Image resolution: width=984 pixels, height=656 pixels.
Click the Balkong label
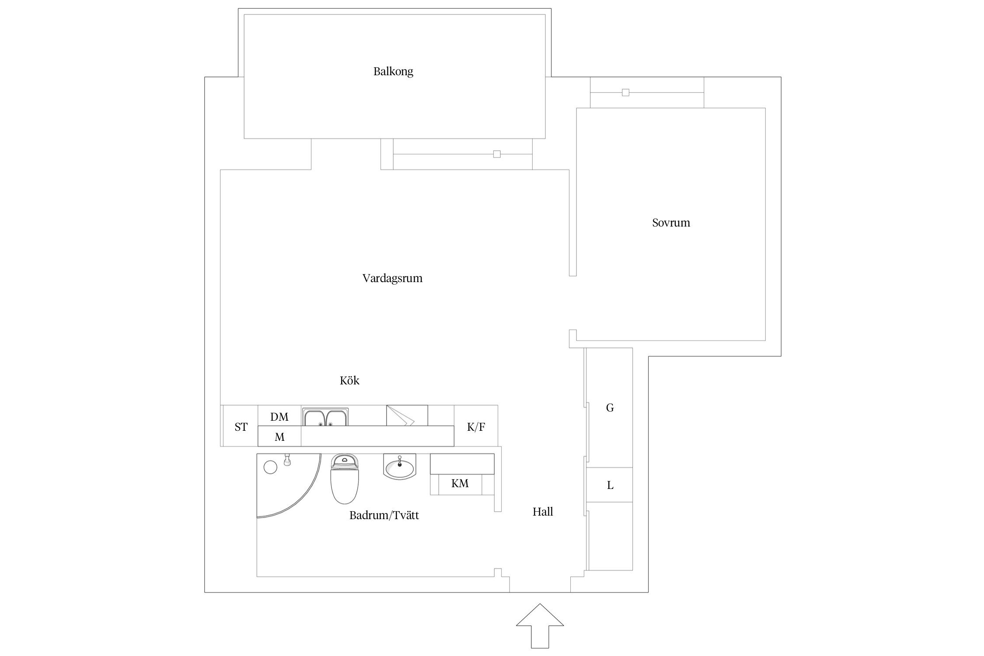[393, 71]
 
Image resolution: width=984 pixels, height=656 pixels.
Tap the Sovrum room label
[670, 223]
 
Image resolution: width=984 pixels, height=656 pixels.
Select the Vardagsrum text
[392, 278]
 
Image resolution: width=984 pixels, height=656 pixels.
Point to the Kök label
[349, 380]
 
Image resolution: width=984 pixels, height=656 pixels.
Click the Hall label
[542, 512]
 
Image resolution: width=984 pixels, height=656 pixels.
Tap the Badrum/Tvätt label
[384, 516]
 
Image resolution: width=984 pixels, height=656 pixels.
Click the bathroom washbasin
[399, 467]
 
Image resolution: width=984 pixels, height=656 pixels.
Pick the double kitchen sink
[326, 417]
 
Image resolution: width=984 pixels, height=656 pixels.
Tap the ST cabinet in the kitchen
[241, 427]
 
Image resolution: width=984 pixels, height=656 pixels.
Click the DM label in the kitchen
[279, 417]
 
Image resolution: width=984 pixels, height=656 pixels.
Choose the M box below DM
[279, 436]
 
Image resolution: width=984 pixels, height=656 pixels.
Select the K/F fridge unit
[475, 427]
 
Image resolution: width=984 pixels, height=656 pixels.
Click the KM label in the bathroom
[460, 484]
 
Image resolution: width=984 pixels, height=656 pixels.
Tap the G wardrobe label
[609, 408]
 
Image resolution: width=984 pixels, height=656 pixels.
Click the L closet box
[609, 485]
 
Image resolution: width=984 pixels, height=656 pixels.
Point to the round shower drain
[270, 467]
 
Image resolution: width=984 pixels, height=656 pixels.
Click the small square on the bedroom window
[625, 93]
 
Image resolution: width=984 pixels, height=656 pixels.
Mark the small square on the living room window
[496, 154]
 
